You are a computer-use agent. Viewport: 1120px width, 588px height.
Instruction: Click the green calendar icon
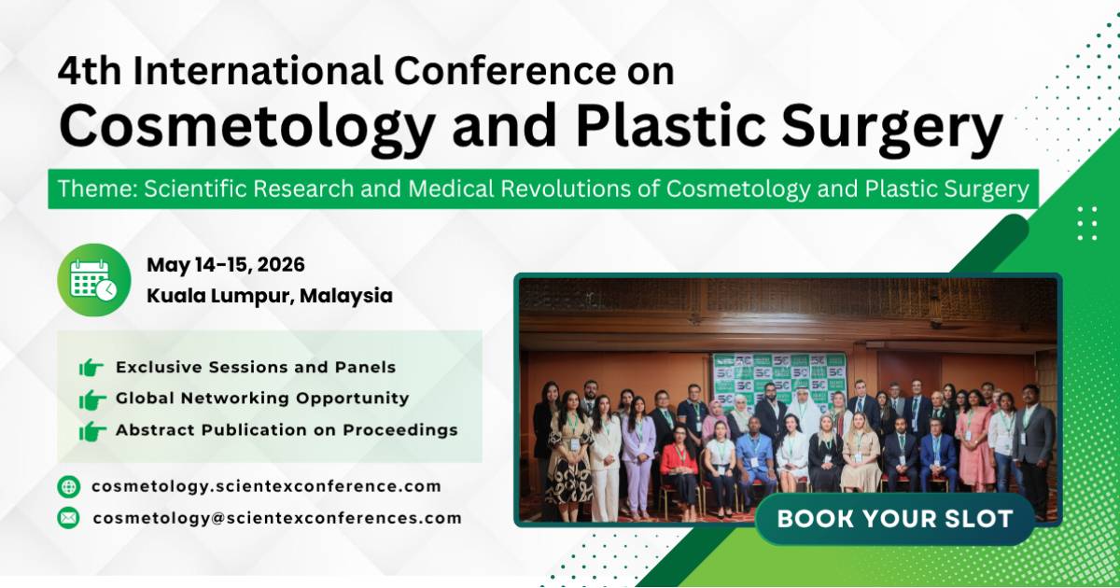pos(93,280)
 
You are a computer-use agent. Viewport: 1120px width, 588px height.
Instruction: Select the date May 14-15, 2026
pos(225,265)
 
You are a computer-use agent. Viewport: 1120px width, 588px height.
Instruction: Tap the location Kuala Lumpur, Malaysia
pos(269,296)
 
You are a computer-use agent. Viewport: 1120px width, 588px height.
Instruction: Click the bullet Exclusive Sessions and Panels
pos(255,368)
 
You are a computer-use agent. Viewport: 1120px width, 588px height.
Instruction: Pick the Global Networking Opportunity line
pos(261,399)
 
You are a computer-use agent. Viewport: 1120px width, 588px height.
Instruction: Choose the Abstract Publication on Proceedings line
pos(286,430)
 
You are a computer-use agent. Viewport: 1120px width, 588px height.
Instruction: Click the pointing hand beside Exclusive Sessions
pos(91,368)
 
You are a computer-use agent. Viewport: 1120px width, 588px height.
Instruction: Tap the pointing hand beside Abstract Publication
pos(91,431)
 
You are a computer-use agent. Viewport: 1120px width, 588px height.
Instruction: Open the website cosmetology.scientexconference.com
pos(266,486)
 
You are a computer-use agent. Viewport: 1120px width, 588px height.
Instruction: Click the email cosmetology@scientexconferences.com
pos(276,517)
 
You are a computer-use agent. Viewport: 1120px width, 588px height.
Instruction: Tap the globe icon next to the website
pos(68,486)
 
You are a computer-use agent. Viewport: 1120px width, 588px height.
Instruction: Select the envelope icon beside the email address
pos(68,517)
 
